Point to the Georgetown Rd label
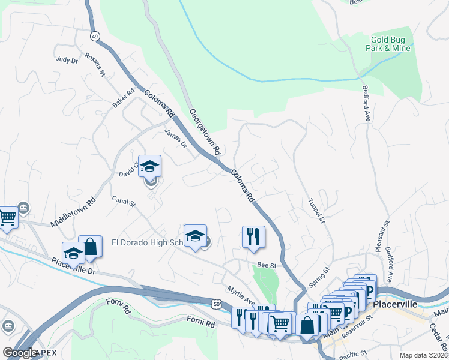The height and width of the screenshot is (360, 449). pyautogui.click(x=206, y=131)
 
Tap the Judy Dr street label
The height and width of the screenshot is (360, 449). pyautogui.click(x=67, y=61)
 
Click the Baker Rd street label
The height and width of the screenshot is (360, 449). pyautogui.click(x=122, y=99)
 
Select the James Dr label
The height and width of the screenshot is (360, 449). pyautogui.click(x=176, y=140)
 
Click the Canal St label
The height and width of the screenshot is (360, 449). pyautogui.click(x=124, y=203)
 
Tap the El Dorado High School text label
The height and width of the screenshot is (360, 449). pyautogui.click(x=147, y=243)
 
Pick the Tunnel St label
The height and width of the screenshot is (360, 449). pyautogui.click(x=316, y=212)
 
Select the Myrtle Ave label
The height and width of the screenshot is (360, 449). pyautogui.click(x=241, y=295)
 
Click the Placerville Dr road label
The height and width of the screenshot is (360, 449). pyautogui.click(x=74, y=266)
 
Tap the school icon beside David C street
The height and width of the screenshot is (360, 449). pyautogui.click(x=149, y=166)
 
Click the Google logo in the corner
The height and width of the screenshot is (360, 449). pyautogui.click(x=20, y=353)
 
